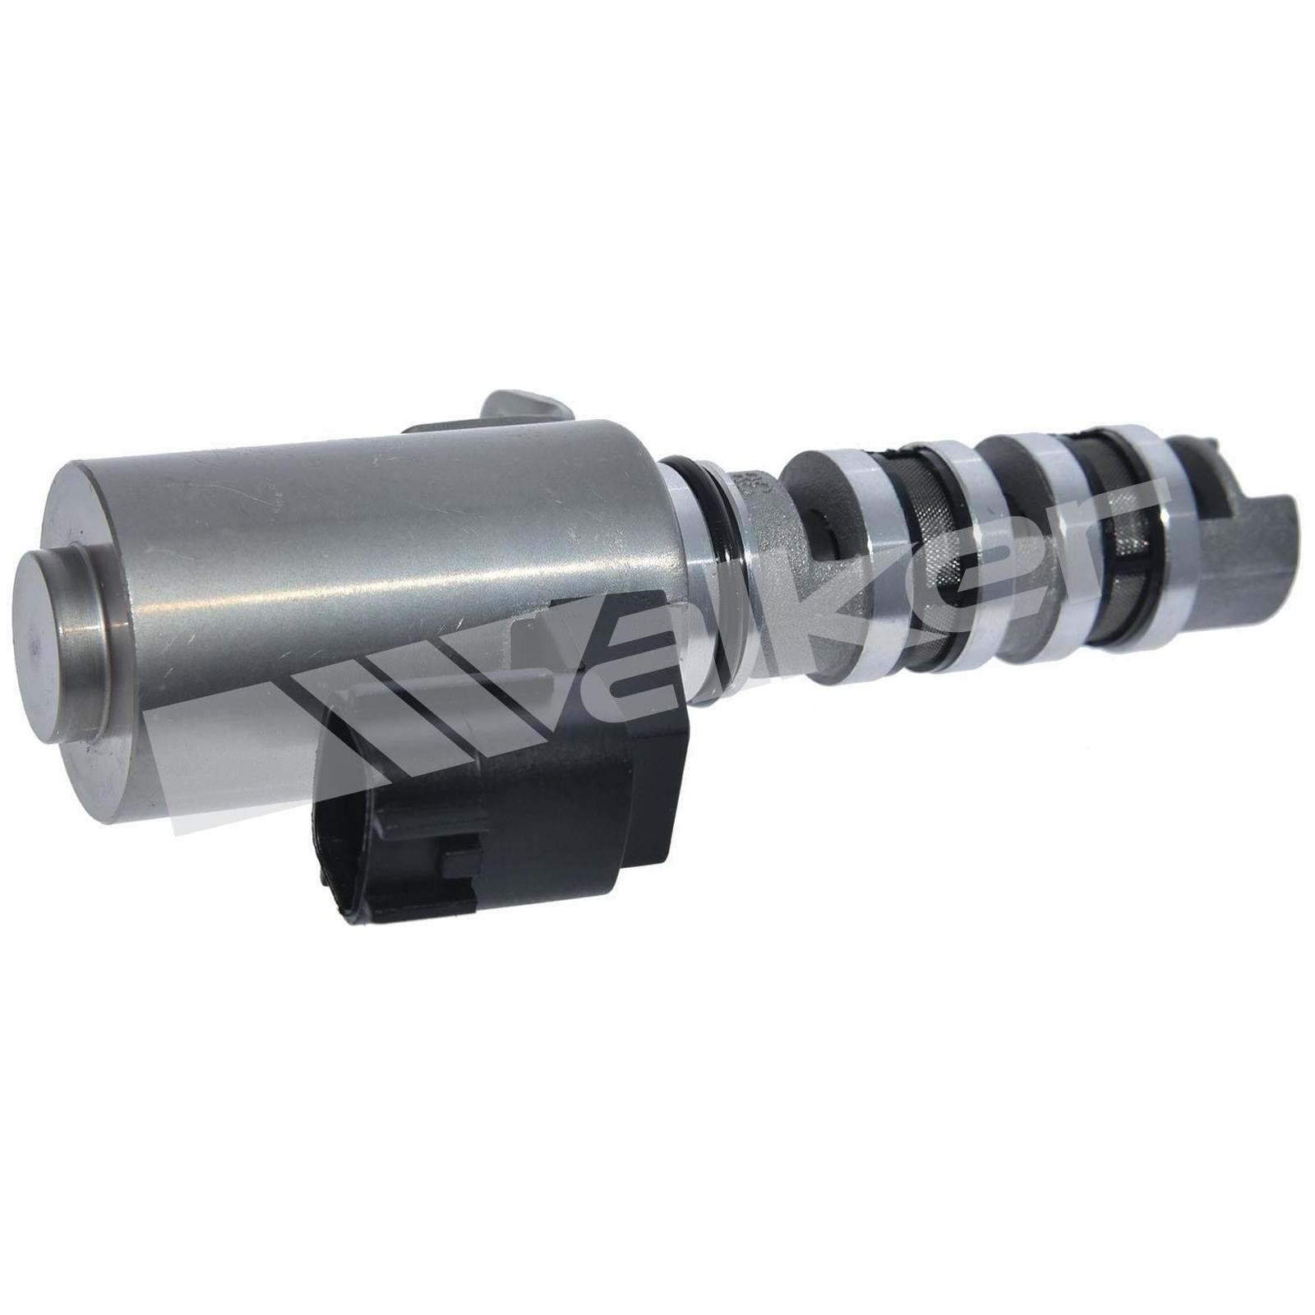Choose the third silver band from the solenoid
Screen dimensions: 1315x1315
pyautogui.click(x=1060, y=526)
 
